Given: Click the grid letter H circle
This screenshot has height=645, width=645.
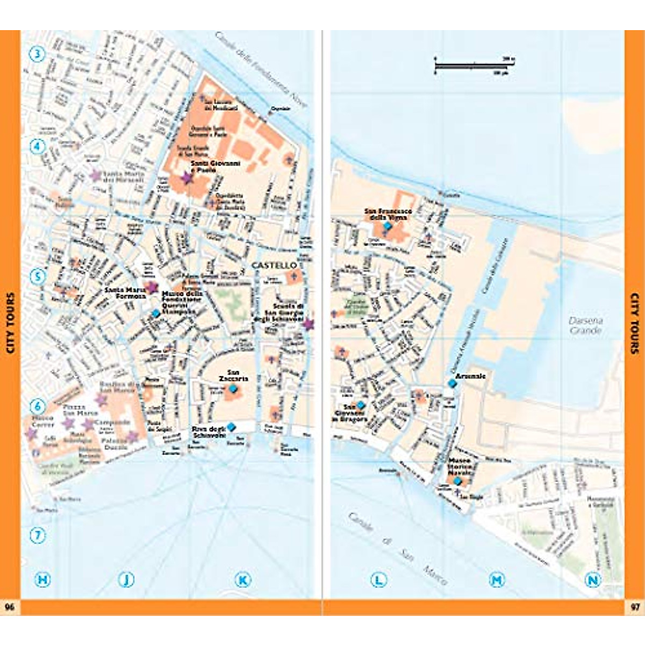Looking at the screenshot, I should [x=42, y=579].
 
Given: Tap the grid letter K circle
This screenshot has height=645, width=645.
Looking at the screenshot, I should [x=243, y=579].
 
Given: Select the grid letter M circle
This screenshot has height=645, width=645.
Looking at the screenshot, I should [x=497, y=579].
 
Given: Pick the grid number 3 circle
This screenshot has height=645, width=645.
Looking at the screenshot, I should [x=37, y=54].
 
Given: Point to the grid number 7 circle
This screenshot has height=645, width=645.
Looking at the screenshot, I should [x=37, y=535].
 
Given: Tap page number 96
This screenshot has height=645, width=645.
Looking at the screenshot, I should [x=10, y=607].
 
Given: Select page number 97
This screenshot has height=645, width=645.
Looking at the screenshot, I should [x=635, y=607].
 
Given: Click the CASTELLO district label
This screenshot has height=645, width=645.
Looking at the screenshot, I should [x=274, y=266].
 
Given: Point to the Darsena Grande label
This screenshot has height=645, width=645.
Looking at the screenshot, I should [x=585, y=325].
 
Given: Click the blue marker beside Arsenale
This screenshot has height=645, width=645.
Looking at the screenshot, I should [x=451, y=383].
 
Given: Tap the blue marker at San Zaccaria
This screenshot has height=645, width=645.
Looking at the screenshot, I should [x=233, y=388].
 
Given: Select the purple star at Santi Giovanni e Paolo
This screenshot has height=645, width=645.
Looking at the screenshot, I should [x=187, y=178].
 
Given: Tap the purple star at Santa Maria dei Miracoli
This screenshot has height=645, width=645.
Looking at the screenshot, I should [x=96, y=175].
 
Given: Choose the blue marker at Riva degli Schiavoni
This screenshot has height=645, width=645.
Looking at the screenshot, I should [x=231, y=427].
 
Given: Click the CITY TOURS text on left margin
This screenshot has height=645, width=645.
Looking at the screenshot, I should [x=10, y=322].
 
